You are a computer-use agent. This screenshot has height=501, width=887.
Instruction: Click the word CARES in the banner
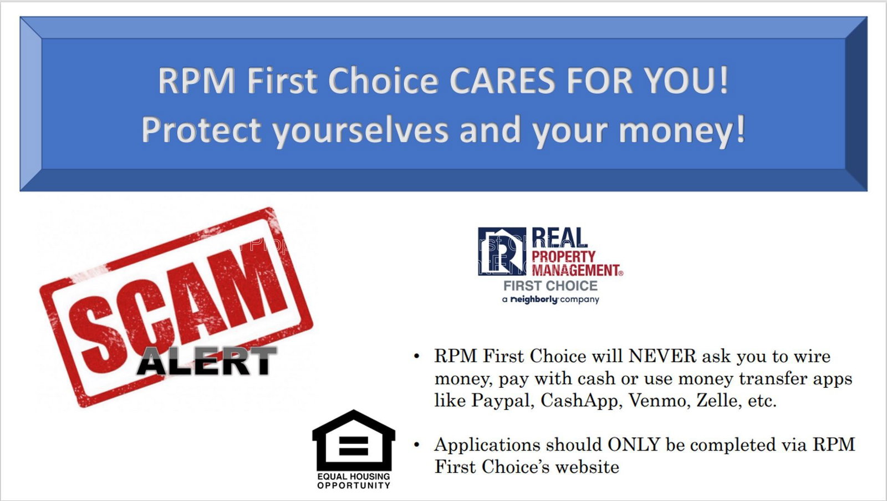[x=502, y=81]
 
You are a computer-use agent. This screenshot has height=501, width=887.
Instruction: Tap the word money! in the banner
[x=682, y=130]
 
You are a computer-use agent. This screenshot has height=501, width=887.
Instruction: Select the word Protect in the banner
[x=201, y=130]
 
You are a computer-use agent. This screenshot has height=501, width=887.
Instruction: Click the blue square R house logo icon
[x=502, y=251]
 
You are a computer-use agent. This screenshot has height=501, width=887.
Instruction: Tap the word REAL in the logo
[x=559, y=238]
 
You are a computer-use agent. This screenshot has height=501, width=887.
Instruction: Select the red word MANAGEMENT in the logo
[x=577, y=270]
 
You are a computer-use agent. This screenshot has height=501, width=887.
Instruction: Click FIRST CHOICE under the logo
[x=550, y=286]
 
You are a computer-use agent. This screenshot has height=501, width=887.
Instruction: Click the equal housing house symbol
[x=354, y=440]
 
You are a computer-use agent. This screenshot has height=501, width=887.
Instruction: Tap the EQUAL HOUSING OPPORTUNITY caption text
[x=354, y=481]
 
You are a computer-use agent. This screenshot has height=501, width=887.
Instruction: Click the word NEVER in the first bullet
[x=662, y=356]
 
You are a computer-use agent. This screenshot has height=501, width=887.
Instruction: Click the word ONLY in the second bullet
[x=634, y=445]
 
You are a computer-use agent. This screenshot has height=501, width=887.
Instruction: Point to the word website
[x=587, y=467]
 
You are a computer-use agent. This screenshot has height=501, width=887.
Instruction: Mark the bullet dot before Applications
[x=416, y=445]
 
